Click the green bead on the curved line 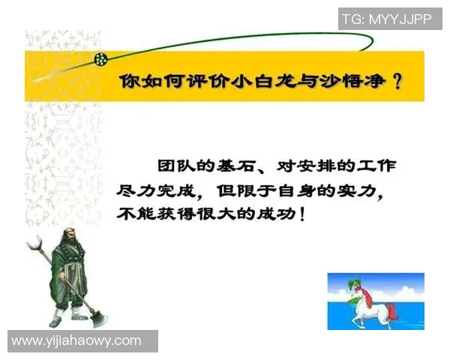pos(100,58)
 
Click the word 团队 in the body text pos(170,165)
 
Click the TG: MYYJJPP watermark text pos(386,19)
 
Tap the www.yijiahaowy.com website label pos(76,341)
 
